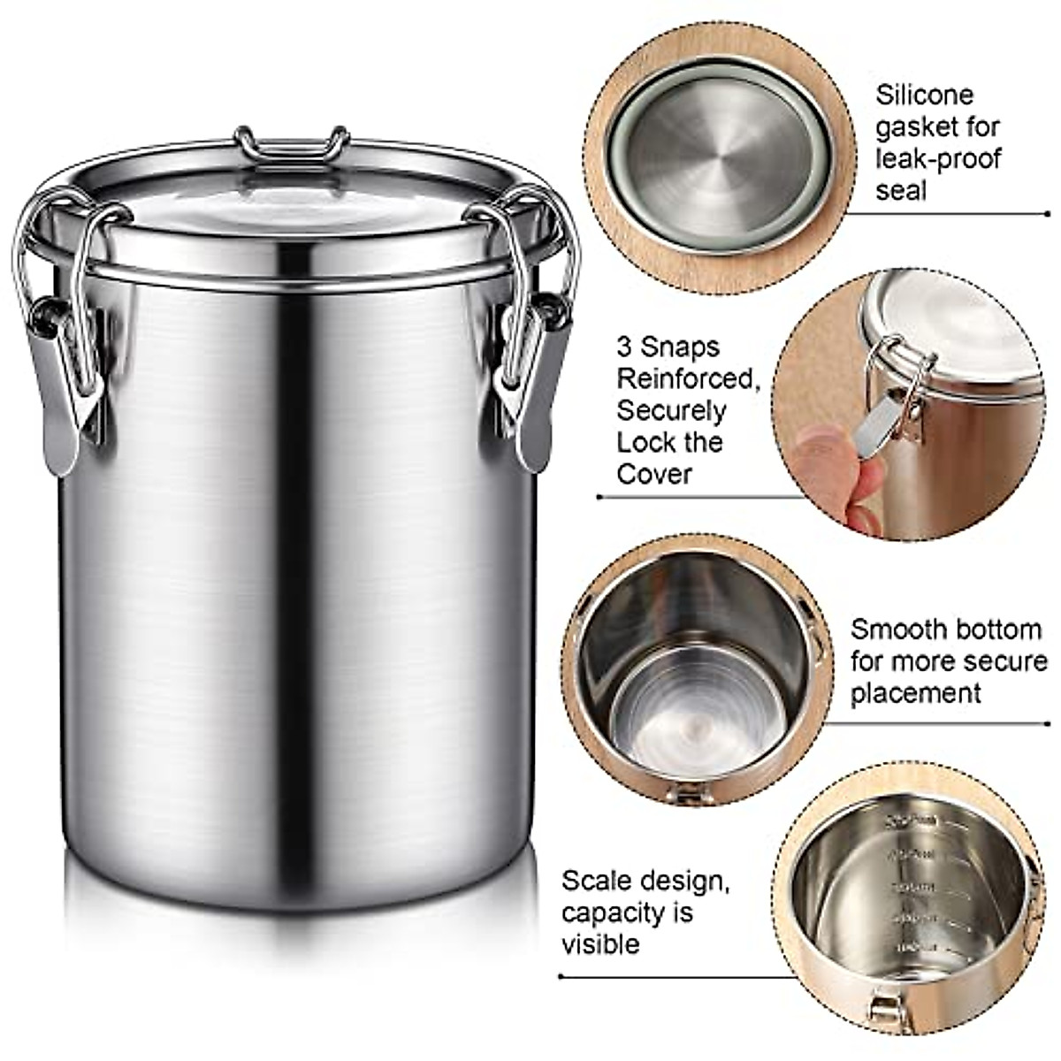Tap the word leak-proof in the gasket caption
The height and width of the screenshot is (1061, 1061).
point(938,158)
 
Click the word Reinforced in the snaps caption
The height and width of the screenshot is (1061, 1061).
point(683,378)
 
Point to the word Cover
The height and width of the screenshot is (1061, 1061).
point(653,474)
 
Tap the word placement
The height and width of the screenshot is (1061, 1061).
point(915,693)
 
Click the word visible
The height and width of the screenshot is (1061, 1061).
point(600,944)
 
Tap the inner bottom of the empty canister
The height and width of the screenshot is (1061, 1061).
point(685,716)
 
